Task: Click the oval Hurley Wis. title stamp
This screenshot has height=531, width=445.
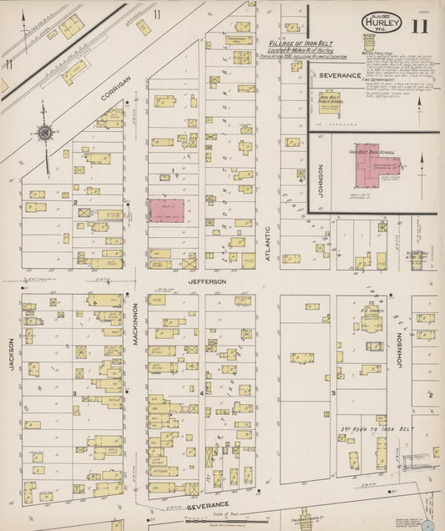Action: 382,23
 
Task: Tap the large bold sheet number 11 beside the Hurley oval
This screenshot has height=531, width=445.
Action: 419,24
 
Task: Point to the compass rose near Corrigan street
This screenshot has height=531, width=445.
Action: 44,132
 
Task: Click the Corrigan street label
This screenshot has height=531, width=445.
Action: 115,87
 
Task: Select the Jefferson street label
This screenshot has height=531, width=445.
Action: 206,281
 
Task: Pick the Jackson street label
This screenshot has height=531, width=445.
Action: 12,352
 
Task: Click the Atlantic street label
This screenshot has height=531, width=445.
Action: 268,245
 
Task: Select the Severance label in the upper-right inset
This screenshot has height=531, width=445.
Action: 338,75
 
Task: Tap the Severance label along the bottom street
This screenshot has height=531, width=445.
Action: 209,507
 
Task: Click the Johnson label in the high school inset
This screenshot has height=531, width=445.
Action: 320,177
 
